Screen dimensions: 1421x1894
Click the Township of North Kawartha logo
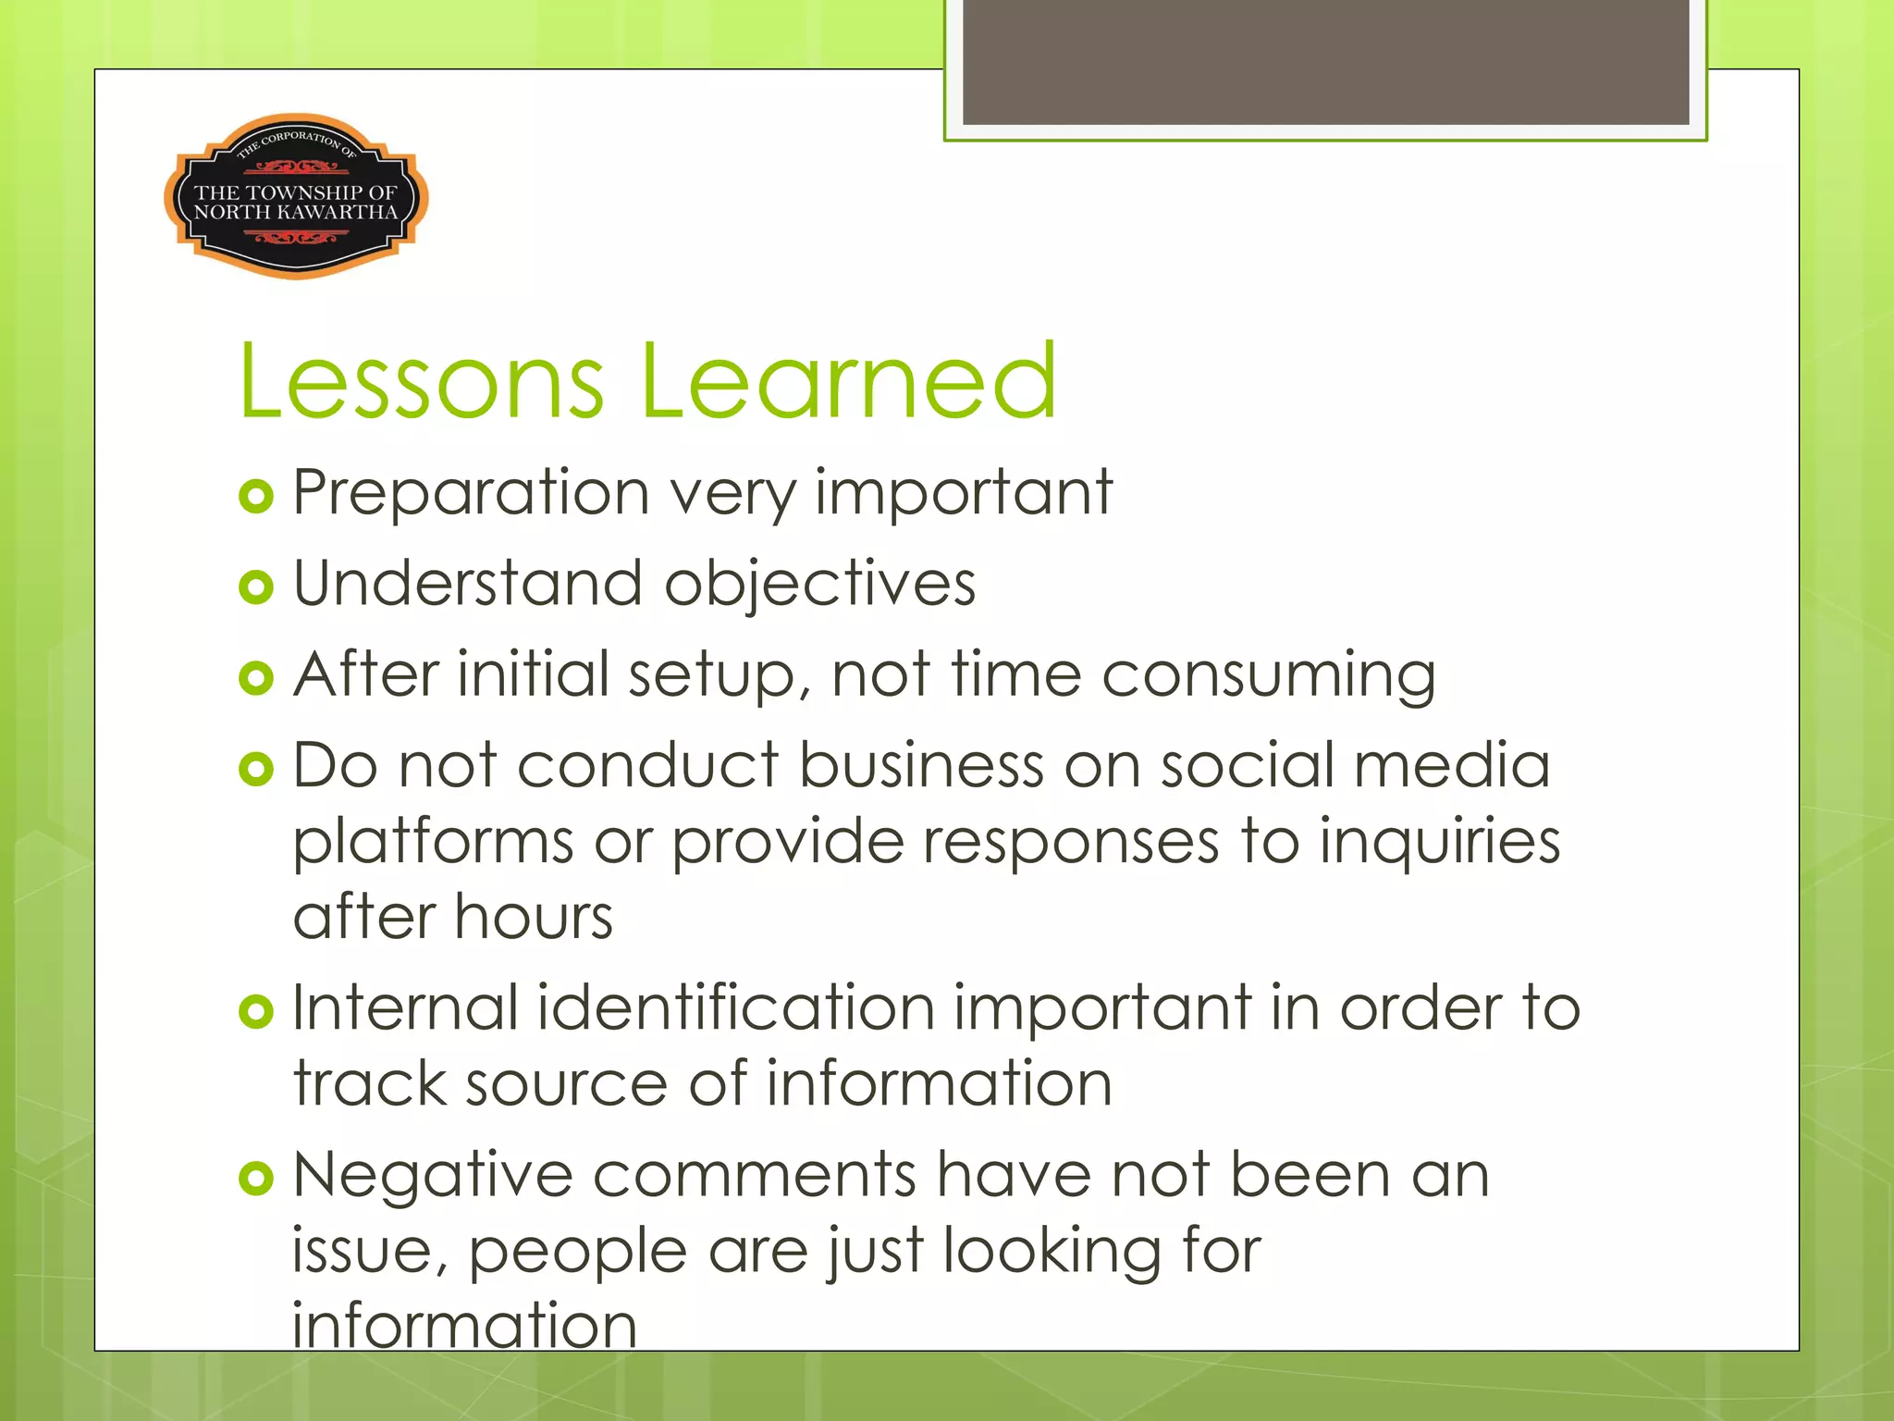(296, 197)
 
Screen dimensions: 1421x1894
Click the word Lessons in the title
(422, 381)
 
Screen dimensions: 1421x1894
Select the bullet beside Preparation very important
(256, 497)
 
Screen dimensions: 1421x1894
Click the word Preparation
(471, 494)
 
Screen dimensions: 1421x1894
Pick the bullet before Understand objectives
(256, 587)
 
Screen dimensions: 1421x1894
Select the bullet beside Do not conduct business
(256, 769)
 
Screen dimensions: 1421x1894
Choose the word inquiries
(1439, 842)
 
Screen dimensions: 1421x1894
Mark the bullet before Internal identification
(256, 1011)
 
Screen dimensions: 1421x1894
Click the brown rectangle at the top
(1325, 61)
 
